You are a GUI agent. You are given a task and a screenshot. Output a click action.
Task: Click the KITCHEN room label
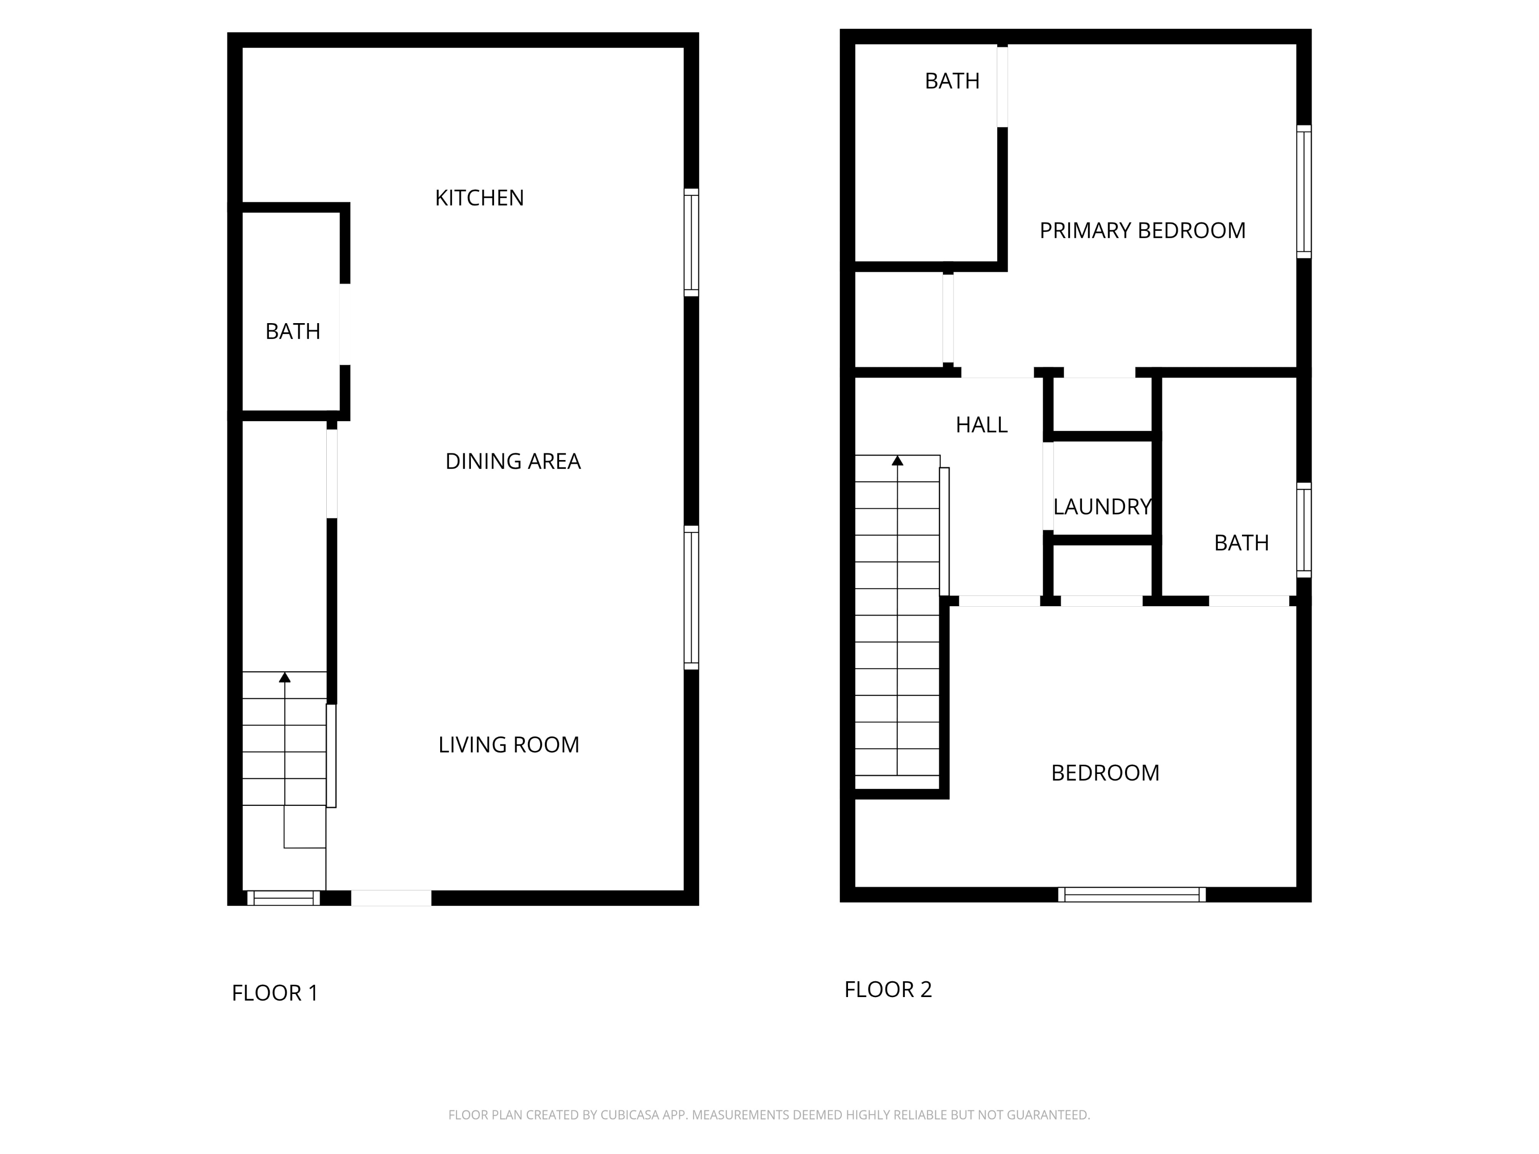(x=479, y=198)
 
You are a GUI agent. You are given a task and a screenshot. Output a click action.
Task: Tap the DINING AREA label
(x=513, y=461)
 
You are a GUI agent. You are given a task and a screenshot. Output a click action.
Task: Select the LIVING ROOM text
(x=508, y=745)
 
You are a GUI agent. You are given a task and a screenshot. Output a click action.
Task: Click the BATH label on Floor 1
(x=293, y=332)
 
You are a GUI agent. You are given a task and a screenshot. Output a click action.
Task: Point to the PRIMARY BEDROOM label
(x=1142, y=231)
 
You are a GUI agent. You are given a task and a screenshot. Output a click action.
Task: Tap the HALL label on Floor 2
(x=981, y=425)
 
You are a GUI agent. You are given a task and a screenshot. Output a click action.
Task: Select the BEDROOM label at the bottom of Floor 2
(x=1105, y=773)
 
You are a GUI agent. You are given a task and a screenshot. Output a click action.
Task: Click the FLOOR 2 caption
(x=888, y=990)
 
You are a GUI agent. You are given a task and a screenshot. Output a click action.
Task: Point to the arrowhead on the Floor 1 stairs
(x=285, y=678)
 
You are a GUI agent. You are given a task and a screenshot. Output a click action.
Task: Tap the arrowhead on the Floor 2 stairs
(x=898, y=461)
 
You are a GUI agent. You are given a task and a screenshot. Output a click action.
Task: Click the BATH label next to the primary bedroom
(x=952, y=82)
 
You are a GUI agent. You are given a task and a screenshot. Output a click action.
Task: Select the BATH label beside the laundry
(x=1241, y=543)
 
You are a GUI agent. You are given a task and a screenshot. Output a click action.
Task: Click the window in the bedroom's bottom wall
(x=1132, y=894)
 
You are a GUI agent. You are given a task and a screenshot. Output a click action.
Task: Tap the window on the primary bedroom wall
(x=1304, y=191)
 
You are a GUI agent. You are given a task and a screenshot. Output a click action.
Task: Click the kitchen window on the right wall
(x=691, y=242)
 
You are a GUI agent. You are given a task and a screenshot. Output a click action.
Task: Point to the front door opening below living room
(x=391, y=898)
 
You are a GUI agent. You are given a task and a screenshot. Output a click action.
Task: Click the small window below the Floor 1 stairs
(x=283, y=898)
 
